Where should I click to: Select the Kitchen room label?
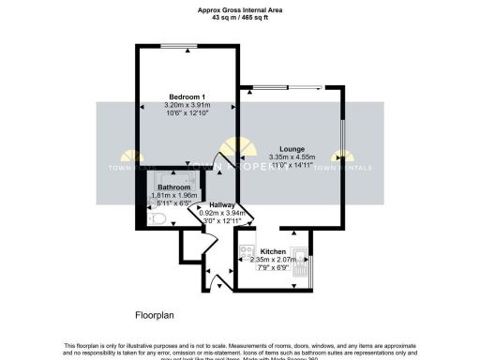pyautogui.click(x=273, y=251)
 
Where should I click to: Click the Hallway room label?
pyautogui.click(x=222, y=204)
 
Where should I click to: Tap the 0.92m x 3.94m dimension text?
pyautogui.click(x=222, y=213)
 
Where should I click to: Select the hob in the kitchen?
pyautogui.click(x=246, y=251)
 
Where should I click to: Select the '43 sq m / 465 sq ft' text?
pyautogui.click(x=240, y=18)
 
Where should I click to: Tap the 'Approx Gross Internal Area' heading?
pyautogui.click(x=240, y=9)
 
